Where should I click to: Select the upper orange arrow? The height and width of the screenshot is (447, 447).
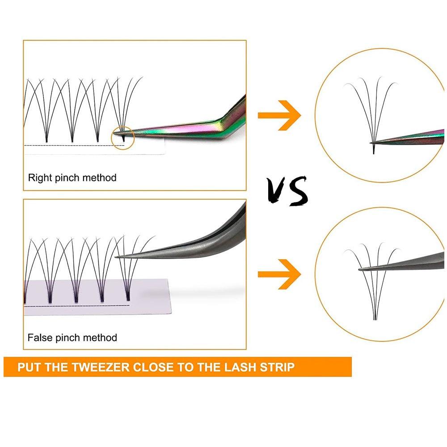click(x=279, y=115)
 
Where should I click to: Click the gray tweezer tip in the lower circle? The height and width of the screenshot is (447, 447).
click(x=361, y=269)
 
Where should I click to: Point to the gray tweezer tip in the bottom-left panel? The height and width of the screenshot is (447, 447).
click(x=118, y=257)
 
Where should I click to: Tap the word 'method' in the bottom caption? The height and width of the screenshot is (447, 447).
click(x=100, y=337)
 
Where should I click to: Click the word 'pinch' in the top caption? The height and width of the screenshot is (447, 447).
click(x=68, y=177)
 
